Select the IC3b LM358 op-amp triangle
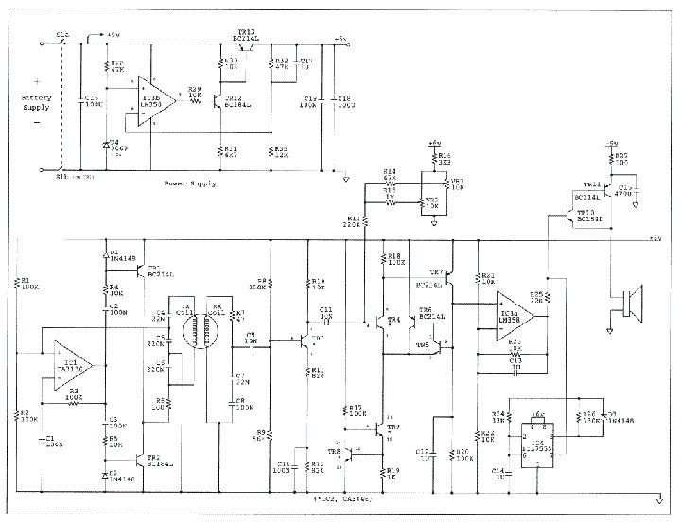tap(154, 96)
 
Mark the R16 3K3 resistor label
tap(443, 158)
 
